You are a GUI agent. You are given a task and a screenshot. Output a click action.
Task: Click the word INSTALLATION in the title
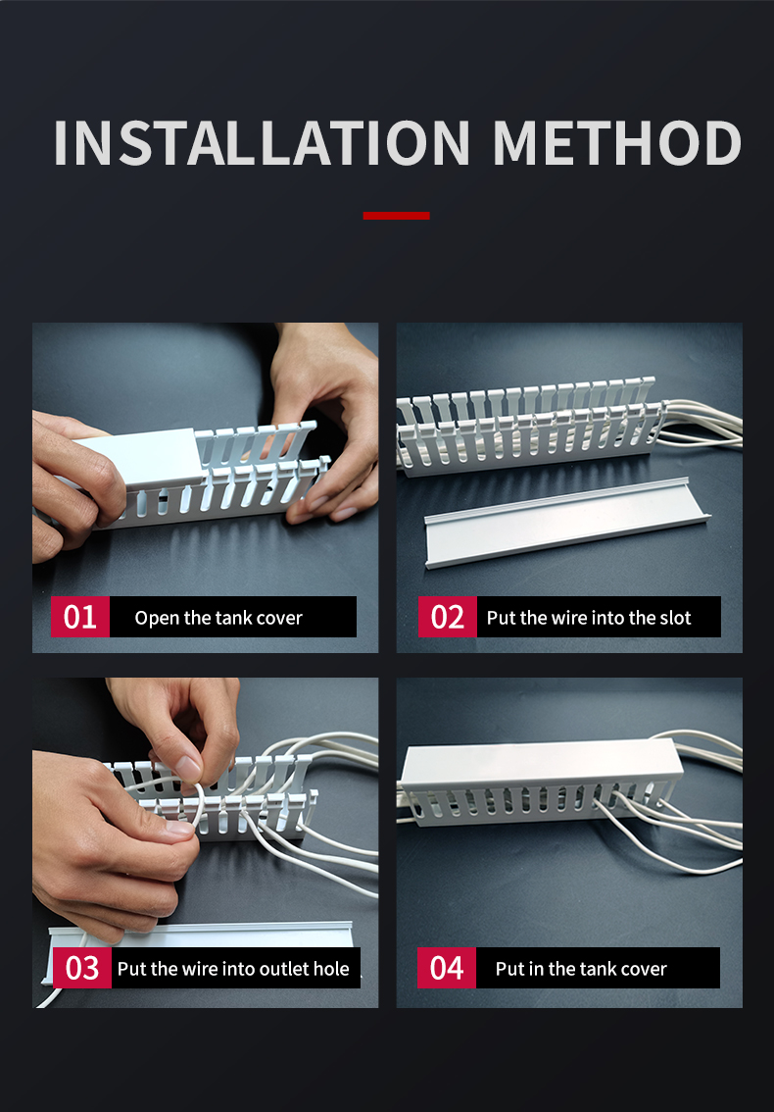pyautogui.click(x=262, y=143)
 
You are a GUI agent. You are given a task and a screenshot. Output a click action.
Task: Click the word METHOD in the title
pyautogui.click(x=617, y=143)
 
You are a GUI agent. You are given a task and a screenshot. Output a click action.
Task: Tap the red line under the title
pyautogui.click(x=396, y=216)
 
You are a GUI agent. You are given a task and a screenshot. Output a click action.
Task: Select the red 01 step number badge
pyautogui.click(x=80, y=617)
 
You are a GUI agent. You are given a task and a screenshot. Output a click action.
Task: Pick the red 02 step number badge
pyautogui.click(x=447, y=617)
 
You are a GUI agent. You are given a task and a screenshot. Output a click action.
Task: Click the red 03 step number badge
pyautogui.click(x=81, y=968)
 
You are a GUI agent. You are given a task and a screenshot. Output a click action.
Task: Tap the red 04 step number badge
pyautogui.click(x=447, y=968)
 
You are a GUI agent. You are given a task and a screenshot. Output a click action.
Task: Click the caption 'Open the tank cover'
pyautogui.click(x=218, y=618)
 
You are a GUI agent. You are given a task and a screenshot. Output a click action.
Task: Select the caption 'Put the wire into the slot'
pyautogui.click(x=589, y=618)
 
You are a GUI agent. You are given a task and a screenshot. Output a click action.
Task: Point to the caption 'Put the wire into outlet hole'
pyautogui.click(x=233, y=969)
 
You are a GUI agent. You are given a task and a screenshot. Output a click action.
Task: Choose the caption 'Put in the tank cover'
pyautogui.click(x=581, y=969)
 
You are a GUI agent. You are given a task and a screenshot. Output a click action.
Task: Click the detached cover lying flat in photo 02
pyautogui.click(x=567, y=523)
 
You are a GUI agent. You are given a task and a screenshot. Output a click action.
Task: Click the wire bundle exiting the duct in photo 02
pyautogui.click(x=701, y=424)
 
